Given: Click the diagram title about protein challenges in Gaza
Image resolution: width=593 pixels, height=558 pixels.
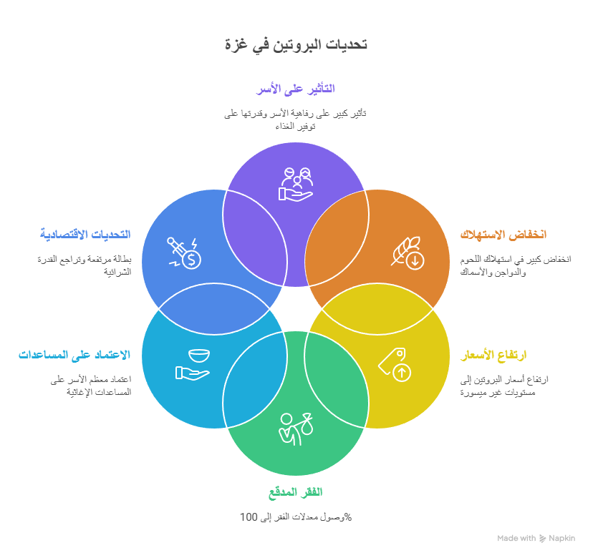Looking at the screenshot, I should [x=296, y=44].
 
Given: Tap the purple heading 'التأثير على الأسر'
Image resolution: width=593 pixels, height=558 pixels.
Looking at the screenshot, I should [x=296, y=89].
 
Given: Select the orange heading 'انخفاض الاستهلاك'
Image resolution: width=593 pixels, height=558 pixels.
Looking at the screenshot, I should [x=503, y=235].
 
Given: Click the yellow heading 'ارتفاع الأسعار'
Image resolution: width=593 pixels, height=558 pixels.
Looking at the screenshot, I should [x=493, y=355].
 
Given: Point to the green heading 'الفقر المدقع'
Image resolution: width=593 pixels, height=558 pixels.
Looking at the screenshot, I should [x=296, y=492].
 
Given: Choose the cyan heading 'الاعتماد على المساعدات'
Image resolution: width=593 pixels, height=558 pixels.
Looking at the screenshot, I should [x=74, y=355].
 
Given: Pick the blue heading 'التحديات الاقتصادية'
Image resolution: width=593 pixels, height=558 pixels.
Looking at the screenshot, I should [x=86, y=235].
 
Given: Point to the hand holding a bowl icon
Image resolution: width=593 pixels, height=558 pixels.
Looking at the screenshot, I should [x=193, y=363].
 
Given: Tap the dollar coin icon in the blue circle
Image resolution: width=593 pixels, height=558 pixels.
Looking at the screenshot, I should [x=184, y=253].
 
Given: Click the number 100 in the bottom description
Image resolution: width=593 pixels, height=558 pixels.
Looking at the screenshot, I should [x=248, y=517].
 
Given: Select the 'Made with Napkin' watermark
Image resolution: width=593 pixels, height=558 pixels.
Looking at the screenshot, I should [x=536, y=538].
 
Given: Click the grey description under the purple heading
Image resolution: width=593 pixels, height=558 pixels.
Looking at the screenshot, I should [x=296, y=119].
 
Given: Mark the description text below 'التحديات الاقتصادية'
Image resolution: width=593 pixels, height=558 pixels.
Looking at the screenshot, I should [x=85, y=265].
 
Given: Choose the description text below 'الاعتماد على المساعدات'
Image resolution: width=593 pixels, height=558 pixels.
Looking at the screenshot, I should [x=91, y=386].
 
